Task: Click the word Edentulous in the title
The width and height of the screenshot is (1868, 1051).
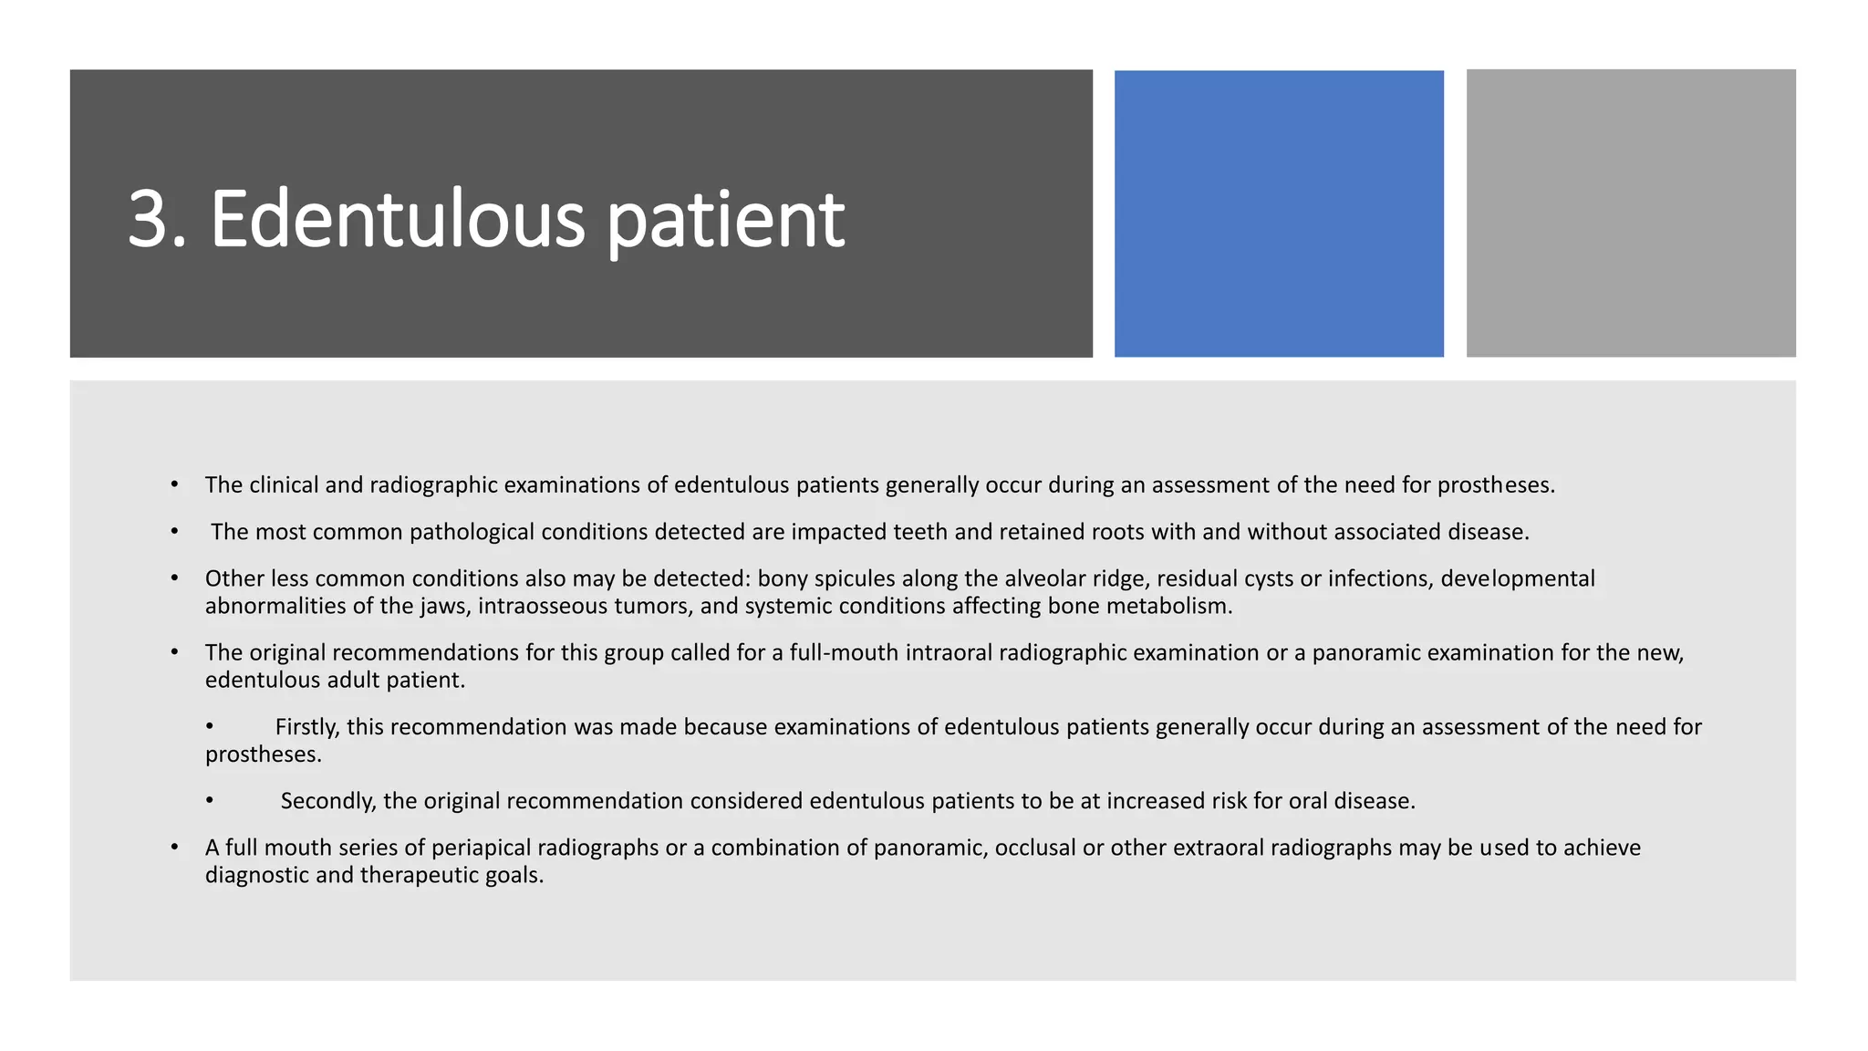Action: click(397, 219)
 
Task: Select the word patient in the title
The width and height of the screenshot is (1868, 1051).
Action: click(725, 221)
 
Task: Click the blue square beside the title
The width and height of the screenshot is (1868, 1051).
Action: click(1279, 213)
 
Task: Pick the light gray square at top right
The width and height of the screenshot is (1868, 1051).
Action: click(1631, 213)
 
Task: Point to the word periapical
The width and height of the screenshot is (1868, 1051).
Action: click(481, 848)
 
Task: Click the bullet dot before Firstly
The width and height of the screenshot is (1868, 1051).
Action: click(209, 726)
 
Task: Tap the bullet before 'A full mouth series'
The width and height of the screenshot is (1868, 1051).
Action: click(174, 848)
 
